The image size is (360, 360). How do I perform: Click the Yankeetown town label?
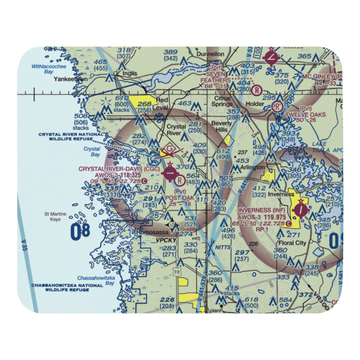point(70,79)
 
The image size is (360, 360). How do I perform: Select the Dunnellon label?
point(210,54)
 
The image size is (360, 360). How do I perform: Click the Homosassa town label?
point(150,233)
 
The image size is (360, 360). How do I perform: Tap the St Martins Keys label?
point(55,216)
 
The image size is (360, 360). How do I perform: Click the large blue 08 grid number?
point(80,231)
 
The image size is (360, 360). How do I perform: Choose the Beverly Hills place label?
point(222,126)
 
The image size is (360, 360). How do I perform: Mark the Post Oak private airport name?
point(180,198)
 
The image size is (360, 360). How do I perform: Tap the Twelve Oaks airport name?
point(306,115)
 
